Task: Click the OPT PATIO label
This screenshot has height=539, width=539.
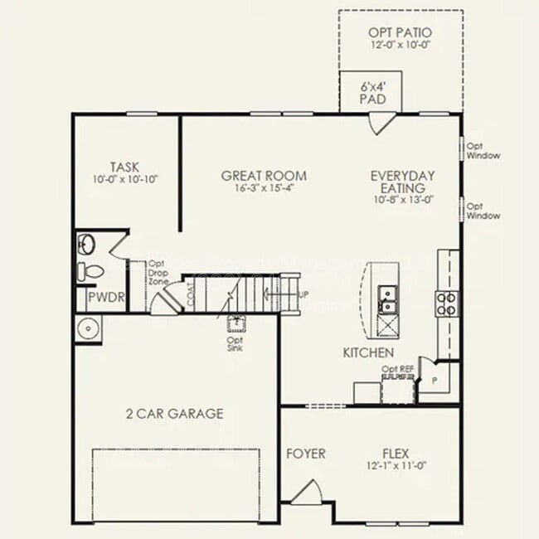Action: [x=401, y=33]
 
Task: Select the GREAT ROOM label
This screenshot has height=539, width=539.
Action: [x=263, y=176]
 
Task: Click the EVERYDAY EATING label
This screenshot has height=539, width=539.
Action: [x=402, y=182]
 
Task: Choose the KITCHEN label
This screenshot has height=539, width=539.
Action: [x=368, y=353]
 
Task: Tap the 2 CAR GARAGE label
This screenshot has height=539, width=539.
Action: [x=174, y=413]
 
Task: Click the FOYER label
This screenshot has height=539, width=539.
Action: [x=305, y=454]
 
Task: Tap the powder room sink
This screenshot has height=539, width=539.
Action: [x=87, y=245]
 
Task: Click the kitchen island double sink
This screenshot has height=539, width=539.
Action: [x=387, y=299]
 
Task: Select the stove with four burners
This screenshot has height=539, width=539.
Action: [x=446, y=303]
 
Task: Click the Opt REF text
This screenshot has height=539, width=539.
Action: [x=397, y=368]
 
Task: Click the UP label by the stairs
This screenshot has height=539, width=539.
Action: [x=303, y=294]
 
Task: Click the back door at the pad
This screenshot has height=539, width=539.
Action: [x=381, y=124]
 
